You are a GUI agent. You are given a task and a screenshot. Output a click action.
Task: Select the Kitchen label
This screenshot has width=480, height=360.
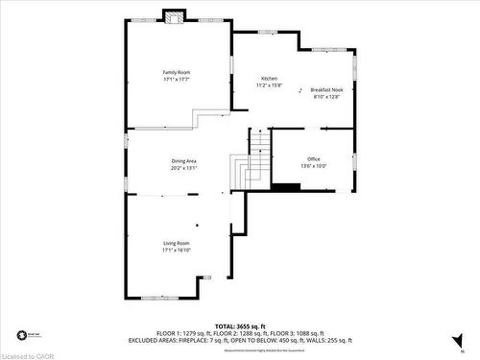tap(270, 79)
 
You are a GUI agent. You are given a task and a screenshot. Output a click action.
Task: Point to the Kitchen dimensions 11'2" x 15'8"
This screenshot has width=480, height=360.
tap(270, 86)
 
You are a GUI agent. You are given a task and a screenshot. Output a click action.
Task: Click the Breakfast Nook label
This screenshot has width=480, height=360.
tap(326, 89)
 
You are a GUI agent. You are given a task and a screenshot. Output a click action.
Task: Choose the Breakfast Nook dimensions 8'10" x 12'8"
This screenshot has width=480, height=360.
tap(326, 97)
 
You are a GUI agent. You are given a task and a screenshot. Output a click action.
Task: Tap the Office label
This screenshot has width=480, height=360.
tap(313, 158)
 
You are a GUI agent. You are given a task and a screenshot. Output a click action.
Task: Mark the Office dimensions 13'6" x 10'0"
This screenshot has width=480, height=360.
tap(313, 166)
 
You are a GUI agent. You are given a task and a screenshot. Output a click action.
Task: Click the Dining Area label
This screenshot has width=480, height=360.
tap(183, 160)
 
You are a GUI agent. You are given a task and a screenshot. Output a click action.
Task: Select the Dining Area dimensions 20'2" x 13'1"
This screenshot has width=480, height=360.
tap(183, 168)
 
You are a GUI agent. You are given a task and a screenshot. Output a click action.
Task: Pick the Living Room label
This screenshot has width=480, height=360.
tap(176, 243)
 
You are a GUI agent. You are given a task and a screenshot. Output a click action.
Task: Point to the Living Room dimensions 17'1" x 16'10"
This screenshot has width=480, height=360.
tap(176, 251)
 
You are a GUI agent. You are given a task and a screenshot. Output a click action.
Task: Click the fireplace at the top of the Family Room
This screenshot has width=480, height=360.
tap(175, 16)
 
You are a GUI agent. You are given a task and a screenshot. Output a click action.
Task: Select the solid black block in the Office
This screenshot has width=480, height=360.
tap(285, 186)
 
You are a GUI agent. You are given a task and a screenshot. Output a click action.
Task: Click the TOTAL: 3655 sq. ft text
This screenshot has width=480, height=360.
tap(240, 327)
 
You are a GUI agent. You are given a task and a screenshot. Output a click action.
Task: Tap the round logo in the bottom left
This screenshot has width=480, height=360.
tap(20, 336)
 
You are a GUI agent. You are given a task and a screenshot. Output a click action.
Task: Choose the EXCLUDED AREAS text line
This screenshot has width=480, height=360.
tap(240, 341)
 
